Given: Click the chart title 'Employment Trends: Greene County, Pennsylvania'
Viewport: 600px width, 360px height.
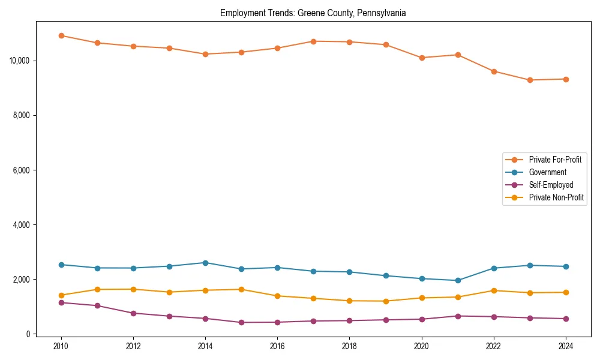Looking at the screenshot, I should (x=313, y=13).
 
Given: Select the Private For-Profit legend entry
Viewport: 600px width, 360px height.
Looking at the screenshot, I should (x=554, y=160).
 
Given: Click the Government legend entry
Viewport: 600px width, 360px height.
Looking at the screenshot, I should (x=547, y=172).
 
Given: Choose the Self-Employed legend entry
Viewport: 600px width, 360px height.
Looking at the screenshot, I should (x=551, y=185).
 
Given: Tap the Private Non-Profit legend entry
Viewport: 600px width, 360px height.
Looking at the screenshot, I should (x=556, y=197).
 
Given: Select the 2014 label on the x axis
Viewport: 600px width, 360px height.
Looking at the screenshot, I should (x=205, y=346).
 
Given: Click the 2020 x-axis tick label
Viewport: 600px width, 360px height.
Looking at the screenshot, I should (x=422, y=346).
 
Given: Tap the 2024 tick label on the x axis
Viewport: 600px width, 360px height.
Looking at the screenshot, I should (x=566, y=346).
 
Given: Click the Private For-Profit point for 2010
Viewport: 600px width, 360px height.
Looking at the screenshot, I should (x=61, y=35).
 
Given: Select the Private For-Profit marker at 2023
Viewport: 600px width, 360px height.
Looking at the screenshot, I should (x=530, y=80).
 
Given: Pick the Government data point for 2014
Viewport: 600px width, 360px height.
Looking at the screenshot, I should (x=205, y=263).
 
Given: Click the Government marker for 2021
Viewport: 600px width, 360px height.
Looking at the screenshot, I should (x=458, y=280).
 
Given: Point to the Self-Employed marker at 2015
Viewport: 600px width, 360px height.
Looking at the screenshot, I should (x=241, y=322).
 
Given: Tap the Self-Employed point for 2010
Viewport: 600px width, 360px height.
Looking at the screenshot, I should (x=61, y=302).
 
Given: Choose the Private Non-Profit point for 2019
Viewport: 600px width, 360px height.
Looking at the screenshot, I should (x=386, y=301).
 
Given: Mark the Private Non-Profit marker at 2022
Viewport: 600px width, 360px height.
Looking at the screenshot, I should (x=494, y=290).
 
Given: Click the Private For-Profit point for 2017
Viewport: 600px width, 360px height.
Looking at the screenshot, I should (x=313, y=41).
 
